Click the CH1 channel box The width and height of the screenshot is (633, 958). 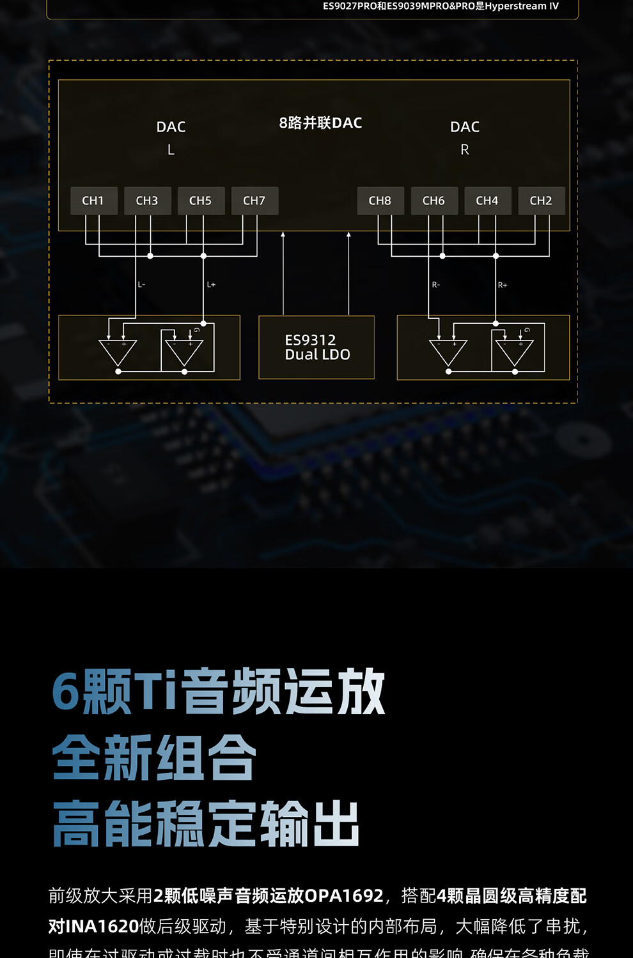click(x=93, y=201)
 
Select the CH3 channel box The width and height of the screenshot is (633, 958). click(x=147, y=201)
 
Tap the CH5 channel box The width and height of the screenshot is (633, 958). click(x=201, y=201)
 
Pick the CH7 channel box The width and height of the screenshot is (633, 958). click(x=254, y=201)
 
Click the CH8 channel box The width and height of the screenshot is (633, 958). click(x=380, y=201)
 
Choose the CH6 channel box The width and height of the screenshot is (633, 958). click(x=434, y=201)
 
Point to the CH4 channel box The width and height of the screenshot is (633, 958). click(x=487, y=201)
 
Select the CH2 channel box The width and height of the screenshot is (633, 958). click(x=541, y=201)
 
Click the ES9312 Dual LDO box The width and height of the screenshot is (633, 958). click(x=316, y=347)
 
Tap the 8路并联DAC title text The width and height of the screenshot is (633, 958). click(x=320, y=123)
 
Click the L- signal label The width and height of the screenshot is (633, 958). click(x=141, y=285)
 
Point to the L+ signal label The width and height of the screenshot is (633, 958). click(x=211, y=285)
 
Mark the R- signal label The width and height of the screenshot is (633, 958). click(x=436, y=285)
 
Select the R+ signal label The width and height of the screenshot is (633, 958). click(x=503, y=285)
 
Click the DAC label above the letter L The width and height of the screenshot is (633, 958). click(x=171, y=127)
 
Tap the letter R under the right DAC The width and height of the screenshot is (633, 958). click(x=465, y=149)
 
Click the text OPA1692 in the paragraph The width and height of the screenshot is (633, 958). click(x=344, y=896)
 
